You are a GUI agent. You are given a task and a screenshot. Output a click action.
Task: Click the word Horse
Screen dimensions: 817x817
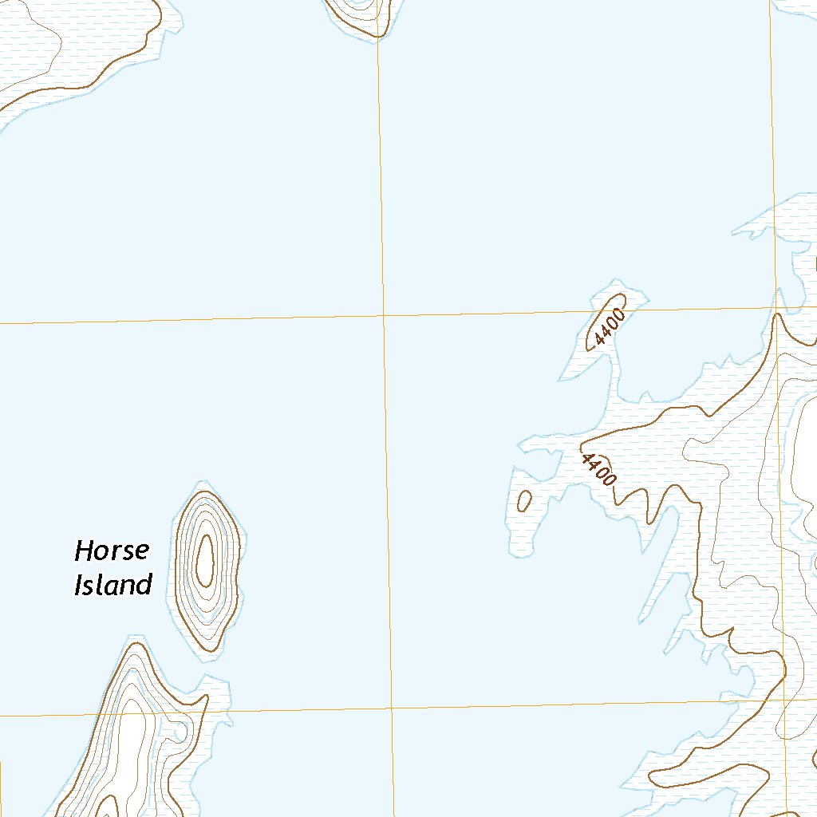pos(112,551)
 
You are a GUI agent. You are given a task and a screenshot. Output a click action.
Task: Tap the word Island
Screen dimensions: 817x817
pos(112,586)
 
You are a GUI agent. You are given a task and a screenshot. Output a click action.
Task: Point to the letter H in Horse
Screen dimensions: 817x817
pos(84,551)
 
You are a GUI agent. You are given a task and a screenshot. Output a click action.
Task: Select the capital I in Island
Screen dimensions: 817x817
pos(78,586)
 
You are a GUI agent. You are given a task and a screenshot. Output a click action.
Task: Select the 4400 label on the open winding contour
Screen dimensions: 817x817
pos(599,469)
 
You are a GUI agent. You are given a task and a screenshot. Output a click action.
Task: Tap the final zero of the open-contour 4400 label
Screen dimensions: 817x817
pos(610,480)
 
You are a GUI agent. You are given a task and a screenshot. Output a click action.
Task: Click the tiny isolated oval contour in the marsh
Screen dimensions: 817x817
pos(525,500)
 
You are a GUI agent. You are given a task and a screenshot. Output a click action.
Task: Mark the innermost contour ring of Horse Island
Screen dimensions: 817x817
pos(205,558)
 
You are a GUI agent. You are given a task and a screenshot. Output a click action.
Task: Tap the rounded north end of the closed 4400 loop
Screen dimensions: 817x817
pos(620,300)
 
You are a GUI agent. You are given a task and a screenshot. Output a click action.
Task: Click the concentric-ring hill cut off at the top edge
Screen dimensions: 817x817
pos(359,12)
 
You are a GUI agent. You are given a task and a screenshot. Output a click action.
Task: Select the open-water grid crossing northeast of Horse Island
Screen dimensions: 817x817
pos(384,316)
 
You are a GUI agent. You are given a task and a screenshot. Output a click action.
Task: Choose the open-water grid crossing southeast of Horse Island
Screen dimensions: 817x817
pos(392,708)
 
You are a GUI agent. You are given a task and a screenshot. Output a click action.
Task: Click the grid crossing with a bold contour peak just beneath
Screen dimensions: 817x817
pos(776,306)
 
